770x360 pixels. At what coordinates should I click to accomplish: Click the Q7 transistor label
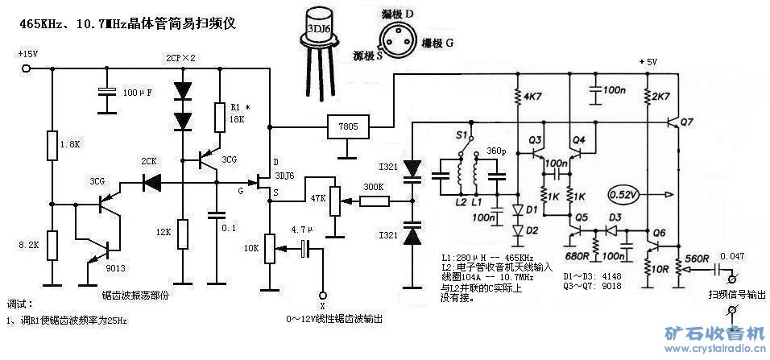(687, 122)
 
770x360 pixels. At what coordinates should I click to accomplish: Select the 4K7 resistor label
(532, 97)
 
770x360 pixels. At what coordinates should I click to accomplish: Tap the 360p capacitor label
(497, 152)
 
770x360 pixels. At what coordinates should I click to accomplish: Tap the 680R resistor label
(577, 256)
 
